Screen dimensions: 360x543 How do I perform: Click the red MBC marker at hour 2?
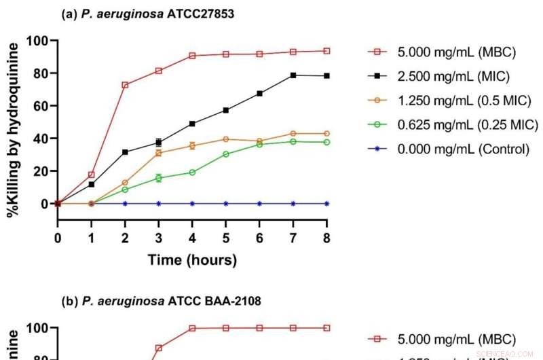pos(125,85)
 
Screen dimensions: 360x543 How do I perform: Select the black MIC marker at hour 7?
pos(293,75)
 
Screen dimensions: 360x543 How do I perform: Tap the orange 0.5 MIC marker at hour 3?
pos(159,153)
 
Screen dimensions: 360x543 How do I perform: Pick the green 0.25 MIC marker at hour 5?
pos(226,154)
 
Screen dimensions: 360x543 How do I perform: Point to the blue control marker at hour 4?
pos(192,203)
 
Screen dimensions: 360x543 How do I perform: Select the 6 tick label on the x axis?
pos(260,238)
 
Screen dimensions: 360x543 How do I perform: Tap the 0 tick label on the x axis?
pos(58,238)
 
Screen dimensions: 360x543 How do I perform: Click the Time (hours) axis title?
pos(192,260)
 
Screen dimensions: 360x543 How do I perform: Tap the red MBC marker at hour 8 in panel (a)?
pos(326,51)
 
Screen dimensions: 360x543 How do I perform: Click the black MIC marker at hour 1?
pos(92,184)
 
